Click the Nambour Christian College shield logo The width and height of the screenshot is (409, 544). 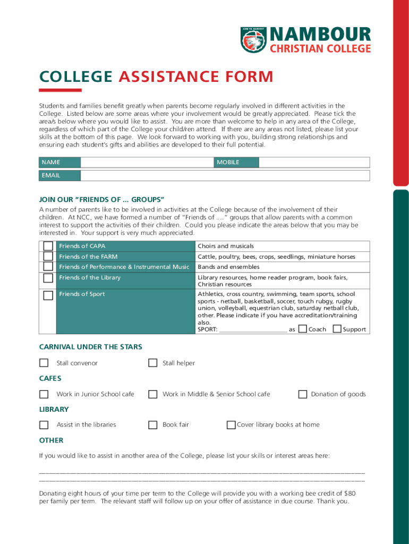click(253, 40)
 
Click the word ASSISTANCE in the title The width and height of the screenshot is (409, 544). click(165, 78)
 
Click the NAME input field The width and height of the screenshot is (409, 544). click(147, 163)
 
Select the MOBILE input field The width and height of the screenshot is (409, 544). click(313, 163)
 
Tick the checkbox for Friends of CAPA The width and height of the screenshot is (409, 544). click(48, 246)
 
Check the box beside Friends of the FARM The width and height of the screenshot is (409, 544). click(48, 257)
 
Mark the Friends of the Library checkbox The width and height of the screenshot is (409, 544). click(48, 278)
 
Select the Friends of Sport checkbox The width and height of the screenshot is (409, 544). click(48, 295)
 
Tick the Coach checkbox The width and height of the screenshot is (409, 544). click(302, 329)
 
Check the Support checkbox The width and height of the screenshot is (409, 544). click(337, 329)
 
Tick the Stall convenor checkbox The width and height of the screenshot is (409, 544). click(44, 363)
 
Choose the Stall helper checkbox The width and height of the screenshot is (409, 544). click(152, 363)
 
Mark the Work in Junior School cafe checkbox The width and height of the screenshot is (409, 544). click(44, 394)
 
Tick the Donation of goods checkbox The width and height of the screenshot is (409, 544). click(302, 394)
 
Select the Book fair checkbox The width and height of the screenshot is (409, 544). click(152, 424)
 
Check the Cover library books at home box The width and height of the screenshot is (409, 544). click(231, 424)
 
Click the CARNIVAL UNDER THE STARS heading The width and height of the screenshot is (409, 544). click(91, 347)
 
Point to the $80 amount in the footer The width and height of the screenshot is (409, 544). click(350, 494)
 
